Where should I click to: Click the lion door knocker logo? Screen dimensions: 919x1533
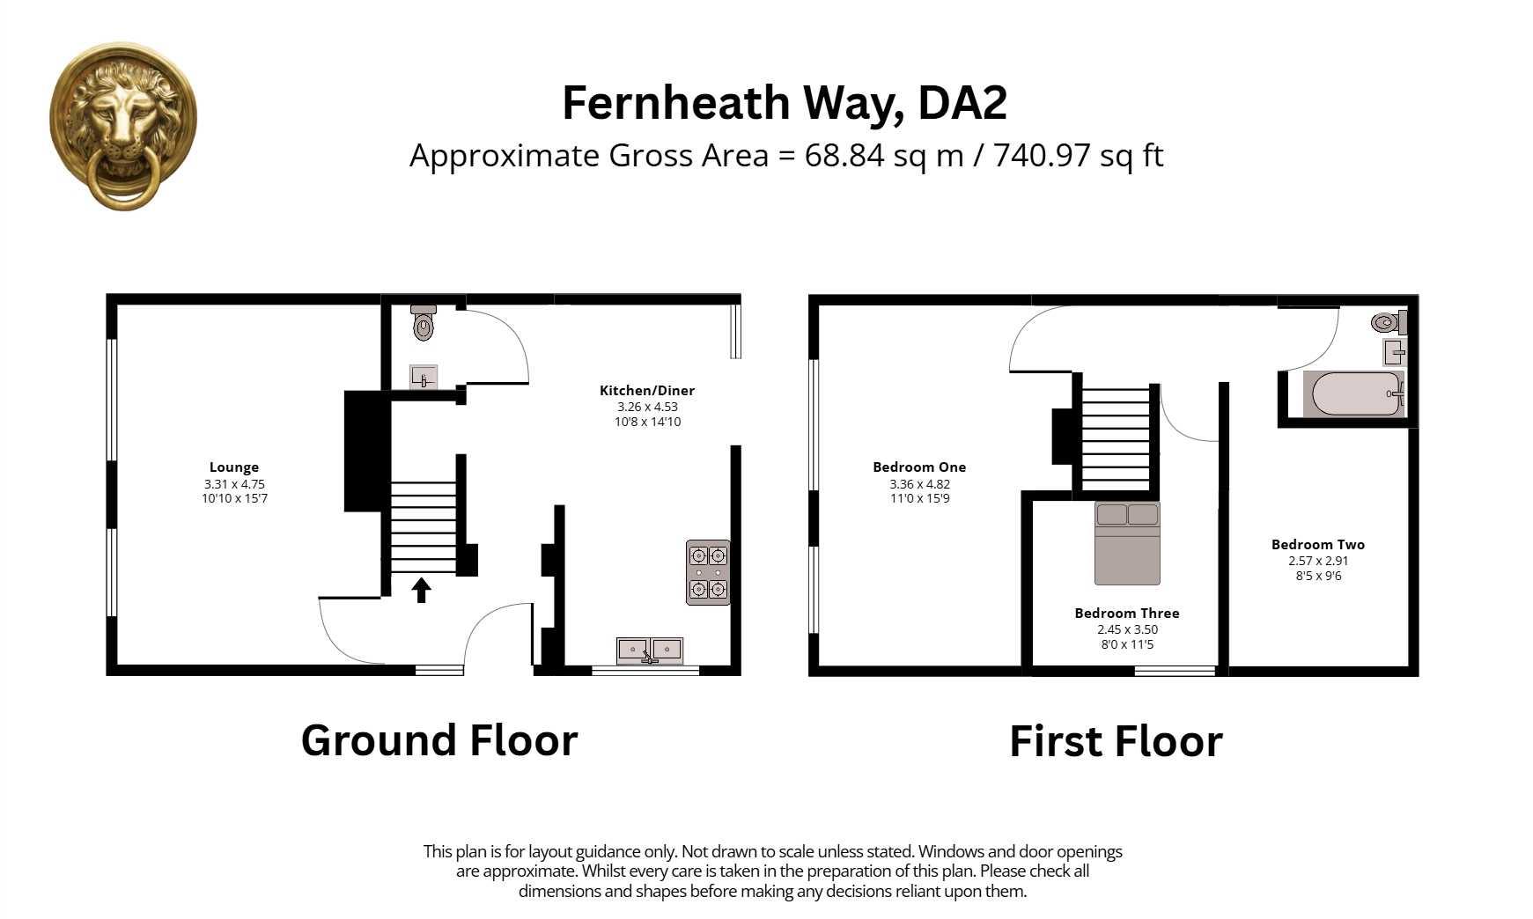coord(123,125)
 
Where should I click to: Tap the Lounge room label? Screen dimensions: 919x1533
coord(234,467)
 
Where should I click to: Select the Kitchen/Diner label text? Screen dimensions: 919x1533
coord(647,390)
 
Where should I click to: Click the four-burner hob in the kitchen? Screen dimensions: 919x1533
coord(708,572)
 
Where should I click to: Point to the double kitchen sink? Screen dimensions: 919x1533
coord(650,651)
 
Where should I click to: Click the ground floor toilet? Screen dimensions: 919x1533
coord(424,323)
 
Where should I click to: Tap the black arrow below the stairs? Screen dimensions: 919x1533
coord(421,590)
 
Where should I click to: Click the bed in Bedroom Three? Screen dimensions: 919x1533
coord(1127,543)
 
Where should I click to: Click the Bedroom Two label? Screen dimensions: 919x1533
coord(1317,544)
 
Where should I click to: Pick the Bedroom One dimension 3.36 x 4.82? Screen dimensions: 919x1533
coord(919,484)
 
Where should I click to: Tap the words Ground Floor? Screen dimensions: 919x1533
coord(439,740)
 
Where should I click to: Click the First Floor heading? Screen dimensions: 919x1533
coord(1116,741)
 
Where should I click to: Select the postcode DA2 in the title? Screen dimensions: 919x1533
coord(962,103)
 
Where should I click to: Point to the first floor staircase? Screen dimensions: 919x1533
coord(1116,437)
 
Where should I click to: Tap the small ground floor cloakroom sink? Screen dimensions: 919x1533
coord(424,377)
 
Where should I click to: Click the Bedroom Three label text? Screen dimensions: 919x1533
coord(1126,613)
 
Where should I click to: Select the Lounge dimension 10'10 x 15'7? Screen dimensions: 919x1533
coord(234,498)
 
